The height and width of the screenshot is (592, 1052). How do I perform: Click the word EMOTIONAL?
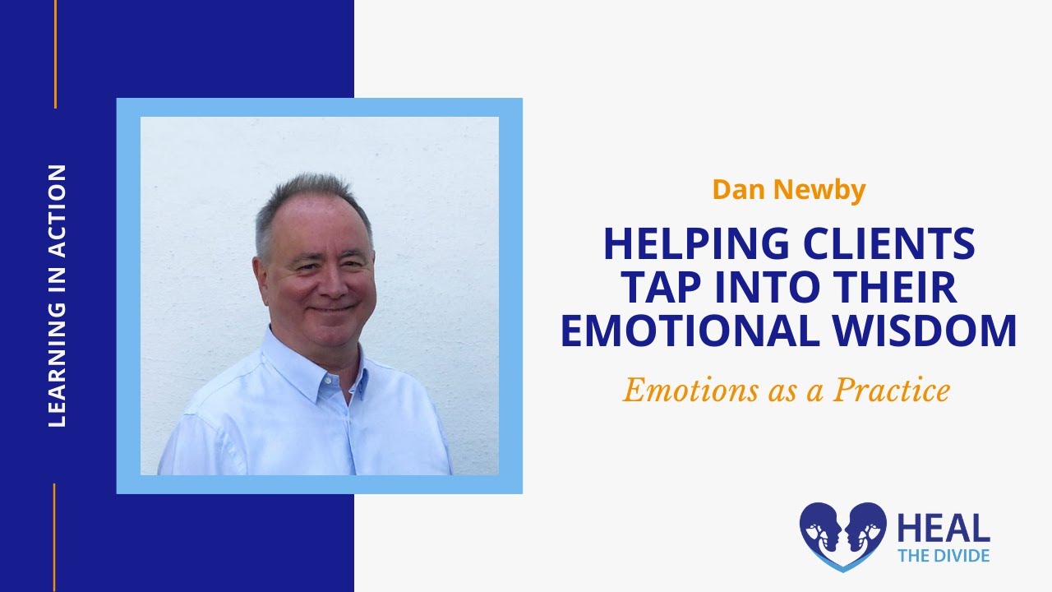(x=691, y=331)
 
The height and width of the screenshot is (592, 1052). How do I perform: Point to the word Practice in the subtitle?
(x=891, y=391)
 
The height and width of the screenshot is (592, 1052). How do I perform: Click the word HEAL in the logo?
(x=943, y=528)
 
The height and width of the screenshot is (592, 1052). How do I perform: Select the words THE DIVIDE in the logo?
(x=943, y=555)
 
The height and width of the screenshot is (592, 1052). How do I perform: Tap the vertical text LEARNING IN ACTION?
(x=57, y=296)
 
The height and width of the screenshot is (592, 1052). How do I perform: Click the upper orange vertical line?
(x=55, y=53)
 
